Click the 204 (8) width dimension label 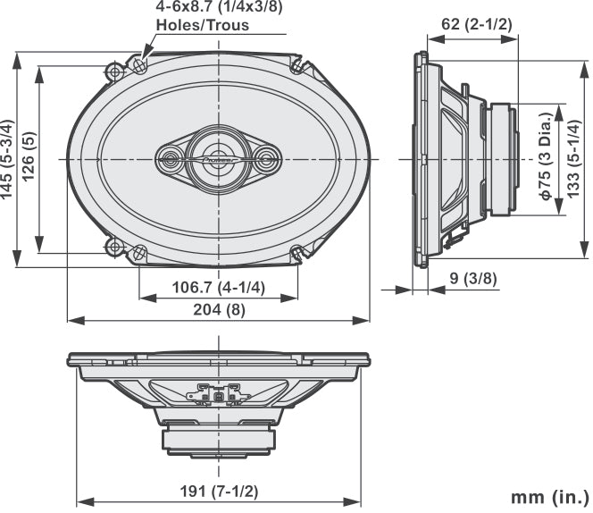[x=219, y=309]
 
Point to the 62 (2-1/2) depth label [x=476, y=24]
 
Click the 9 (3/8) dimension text [x=472, y=278]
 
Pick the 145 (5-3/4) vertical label [x=8, y=160]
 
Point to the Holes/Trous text [x=202, y=25]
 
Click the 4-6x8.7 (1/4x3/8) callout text [x=220, y=7]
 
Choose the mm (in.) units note [x=549, y=496]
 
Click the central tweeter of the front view [x=219, y=159]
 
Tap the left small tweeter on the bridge [x=171, y=159]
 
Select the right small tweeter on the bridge [x=266, y=159]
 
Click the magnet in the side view [x=500, y=159]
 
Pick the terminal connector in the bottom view [x=219, y=391]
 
